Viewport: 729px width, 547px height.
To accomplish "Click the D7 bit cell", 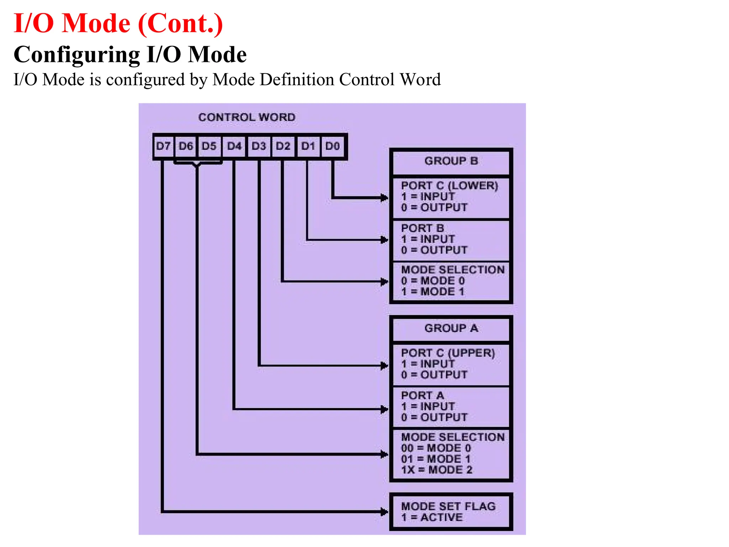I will (163, 146).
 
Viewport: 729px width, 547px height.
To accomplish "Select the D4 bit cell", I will (234, 146).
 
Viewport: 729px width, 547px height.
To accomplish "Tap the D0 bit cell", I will (332, 146).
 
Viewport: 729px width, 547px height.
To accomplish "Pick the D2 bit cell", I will (283, 146).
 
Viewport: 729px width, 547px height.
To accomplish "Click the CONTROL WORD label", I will (247, 117).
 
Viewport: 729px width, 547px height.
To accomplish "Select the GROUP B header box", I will (451, 161).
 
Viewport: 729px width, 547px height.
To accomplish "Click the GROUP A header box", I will (451, 328).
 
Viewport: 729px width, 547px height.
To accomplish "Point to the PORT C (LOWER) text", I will (449, 186).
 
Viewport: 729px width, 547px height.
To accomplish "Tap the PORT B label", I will (422, 228).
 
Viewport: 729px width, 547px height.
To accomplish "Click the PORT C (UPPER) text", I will (448, 353).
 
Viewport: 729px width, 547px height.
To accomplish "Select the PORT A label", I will (422, 395).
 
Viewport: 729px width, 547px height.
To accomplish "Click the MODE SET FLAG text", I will (448, 506).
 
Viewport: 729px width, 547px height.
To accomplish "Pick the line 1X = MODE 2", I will (436, 470).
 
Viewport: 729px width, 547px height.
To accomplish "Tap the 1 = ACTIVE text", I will (432, 517).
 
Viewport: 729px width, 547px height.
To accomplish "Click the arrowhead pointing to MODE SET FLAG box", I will (384, 512).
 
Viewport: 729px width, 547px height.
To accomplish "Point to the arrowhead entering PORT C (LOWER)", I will (384, 198).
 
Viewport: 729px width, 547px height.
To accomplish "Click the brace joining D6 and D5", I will (197, 164).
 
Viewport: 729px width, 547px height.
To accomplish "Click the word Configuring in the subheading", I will (77, 55).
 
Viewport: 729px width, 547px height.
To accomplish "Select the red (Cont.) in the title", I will (180, 24).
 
